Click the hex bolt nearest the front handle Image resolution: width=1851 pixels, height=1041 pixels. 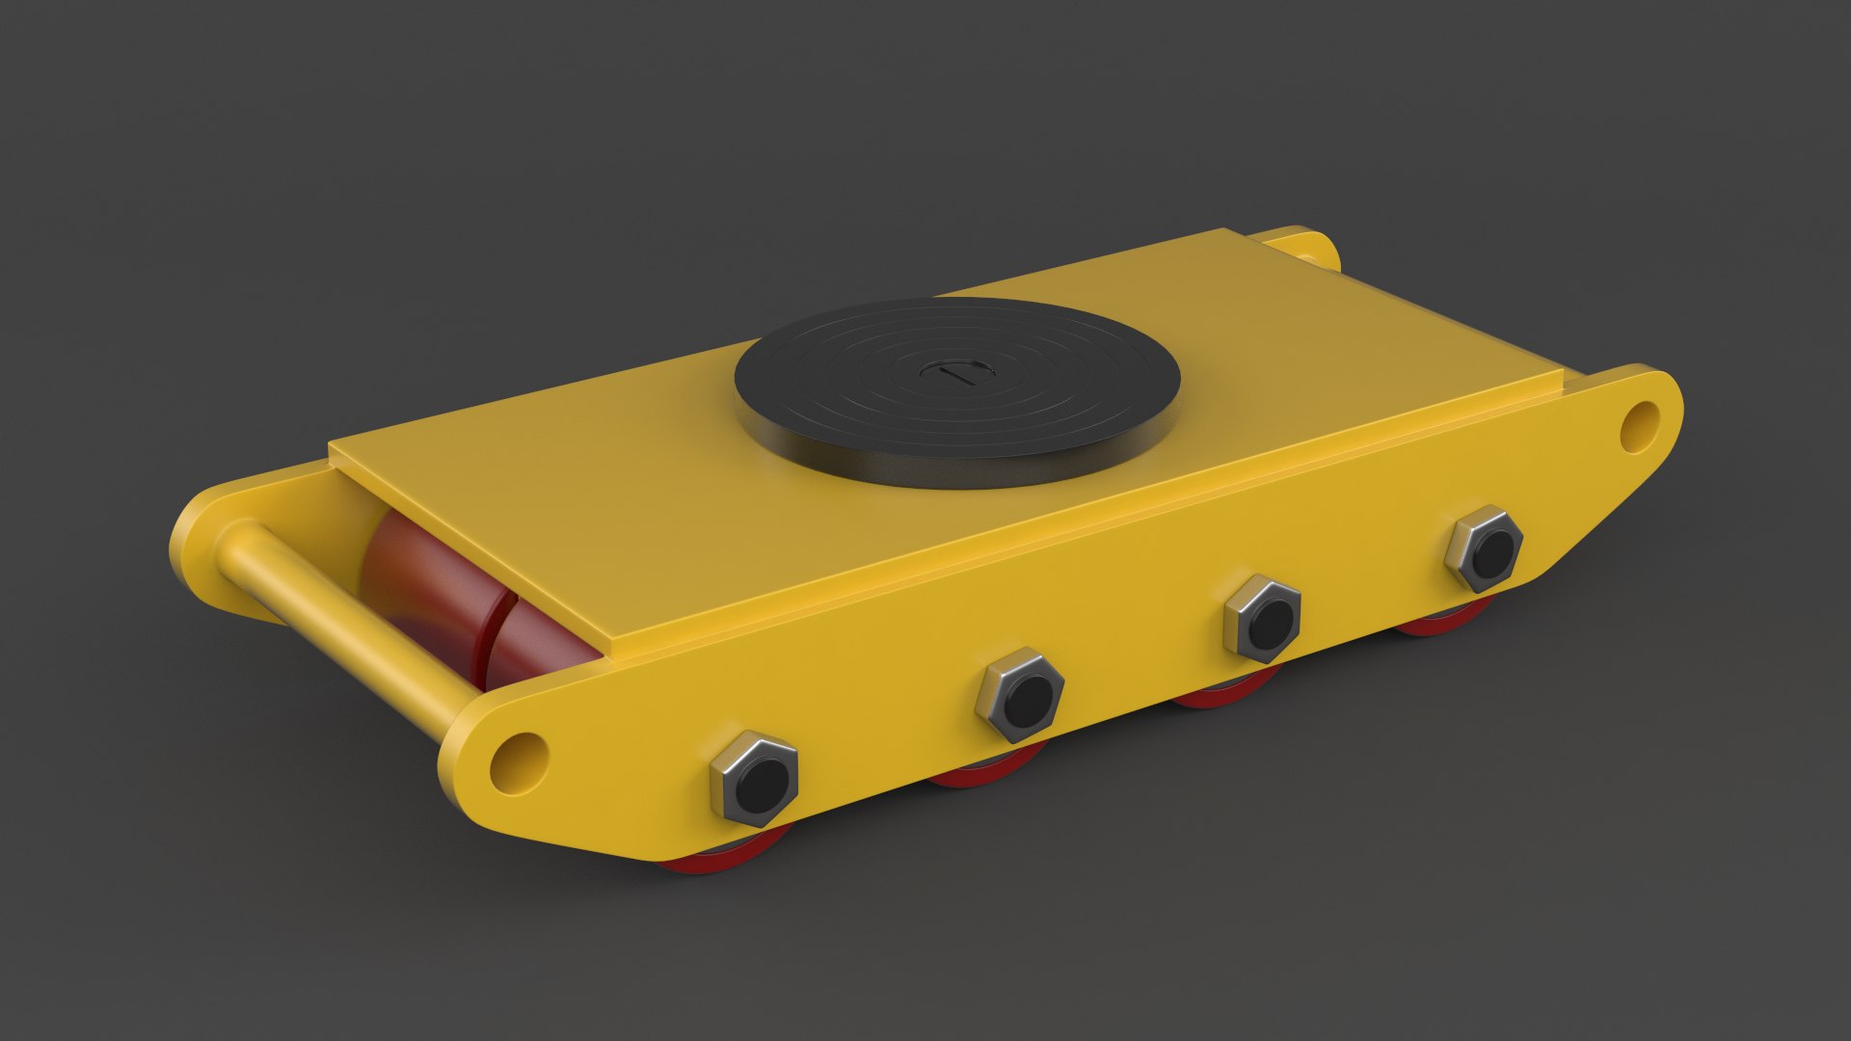(x=754, y=779)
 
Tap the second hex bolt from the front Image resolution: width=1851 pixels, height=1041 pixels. (x=1020, y=694)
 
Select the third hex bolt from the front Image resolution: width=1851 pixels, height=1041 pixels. (x=1262, y=618)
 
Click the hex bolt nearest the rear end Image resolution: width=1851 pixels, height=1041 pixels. (x=1484, y=548)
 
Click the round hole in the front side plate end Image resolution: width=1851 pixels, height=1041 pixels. (x=518, y=758)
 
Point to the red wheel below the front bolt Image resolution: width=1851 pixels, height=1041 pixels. (x=713, y=861)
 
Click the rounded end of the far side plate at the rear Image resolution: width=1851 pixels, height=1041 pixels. (x=1311, y=246)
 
